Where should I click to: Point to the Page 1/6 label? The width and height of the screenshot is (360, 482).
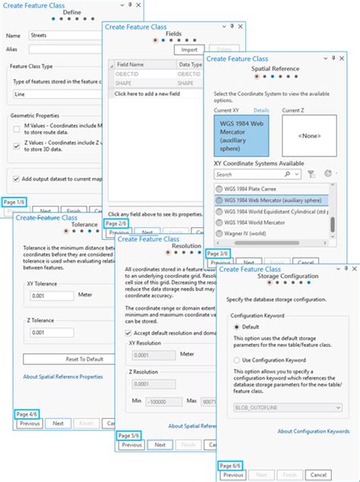tap(15, 202)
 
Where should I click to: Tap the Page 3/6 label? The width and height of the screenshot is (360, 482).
tap(219, 253)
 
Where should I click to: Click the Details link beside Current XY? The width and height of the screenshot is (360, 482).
tap(261, 111)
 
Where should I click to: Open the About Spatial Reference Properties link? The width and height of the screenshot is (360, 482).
tap(63, 376)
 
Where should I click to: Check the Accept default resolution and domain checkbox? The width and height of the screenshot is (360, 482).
tap(128, 332)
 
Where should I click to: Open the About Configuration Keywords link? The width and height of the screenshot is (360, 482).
tap(313, 431)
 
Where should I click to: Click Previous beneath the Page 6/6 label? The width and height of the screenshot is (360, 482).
tap(233, 474)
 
